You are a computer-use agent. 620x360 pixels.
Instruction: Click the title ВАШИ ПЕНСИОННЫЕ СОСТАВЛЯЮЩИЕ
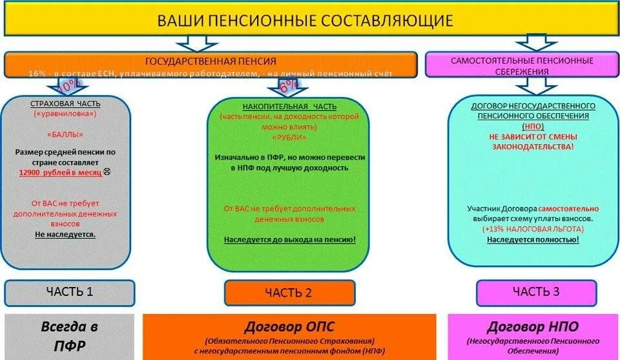[305, 20]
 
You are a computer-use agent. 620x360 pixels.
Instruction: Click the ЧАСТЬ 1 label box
[70, 291]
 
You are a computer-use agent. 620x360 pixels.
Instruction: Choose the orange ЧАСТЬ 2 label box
[289, 293]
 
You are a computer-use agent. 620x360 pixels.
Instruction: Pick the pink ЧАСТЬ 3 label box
[536, 291]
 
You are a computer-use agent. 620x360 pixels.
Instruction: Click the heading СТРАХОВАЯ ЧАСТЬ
[65, 104]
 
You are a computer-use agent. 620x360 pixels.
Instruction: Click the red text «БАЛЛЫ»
[65, 136]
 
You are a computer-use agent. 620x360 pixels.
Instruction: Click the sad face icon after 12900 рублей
[107, 173]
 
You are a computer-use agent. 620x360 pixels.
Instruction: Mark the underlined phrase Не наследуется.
[65, 234]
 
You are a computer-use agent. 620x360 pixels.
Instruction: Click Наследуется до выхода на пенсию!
[290, 239]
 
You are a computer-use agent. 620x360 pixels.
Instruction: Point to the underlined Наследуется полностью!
[533, 239]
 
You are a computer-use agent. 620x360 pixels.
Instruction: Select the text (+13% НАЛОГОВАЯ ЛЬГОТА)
[533, 229]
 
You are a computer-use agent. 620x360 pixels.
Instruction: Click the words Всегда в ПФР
[69, 336]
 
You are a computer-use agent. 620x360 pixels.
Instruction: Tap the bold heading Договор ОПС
[289, 326]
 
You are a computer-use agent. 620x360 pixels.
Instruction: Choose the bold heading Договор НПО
[533, 326]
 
